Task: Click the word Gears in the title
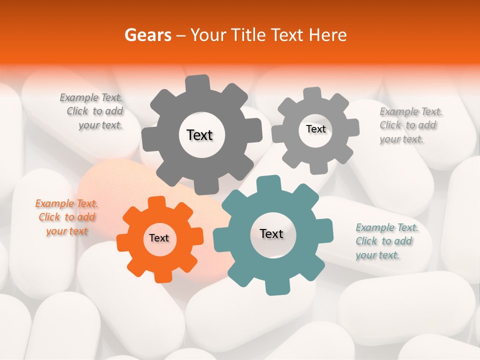pos(146,35)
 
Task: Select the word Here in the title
pos(327,35)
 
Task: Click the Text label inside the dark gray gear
pos(199,135)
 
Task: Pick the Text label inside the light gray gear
pos(315,129)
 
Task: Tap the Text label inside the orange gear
pos(159,238)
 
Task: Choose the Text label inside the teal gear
pos(271,233)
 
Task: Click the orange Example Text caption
pos(66,217)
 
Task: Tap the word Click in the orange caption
pos(49,217)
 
